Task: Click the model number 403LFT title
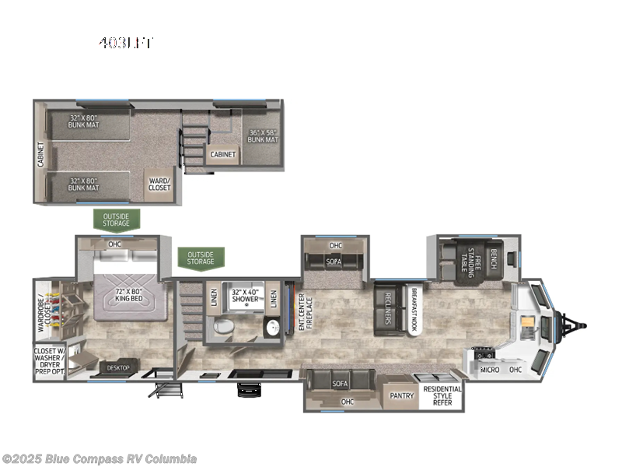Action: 125,43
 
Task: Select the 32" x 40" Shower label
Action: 247,297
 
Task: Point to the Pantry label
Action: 402,395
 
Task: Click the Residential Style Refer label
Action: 442,395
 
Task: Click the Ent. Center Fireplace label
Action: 306,312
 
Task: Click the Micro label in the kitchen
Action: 489,369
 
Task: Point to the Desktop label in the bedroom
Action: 119,367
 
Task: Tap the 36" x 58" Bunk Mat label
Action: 263,135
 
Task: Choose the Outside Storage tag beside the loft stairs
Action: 201,258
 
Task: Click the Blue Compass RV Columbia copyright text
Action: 100,458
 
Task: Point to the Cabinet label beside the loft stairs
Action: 223,154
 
